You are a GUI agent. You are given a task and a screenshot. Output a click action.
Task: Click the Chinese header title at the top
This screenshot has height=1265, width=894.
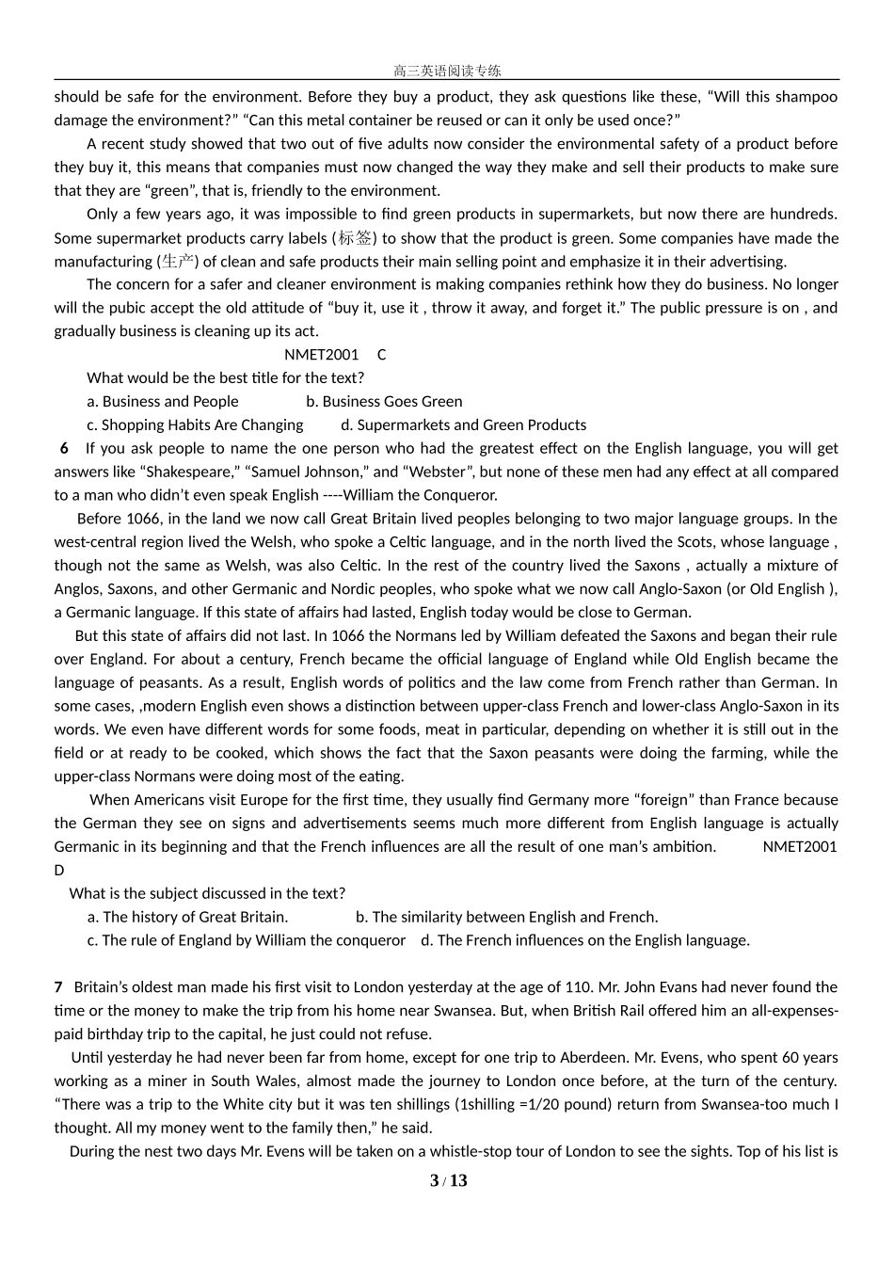tap(447, 71)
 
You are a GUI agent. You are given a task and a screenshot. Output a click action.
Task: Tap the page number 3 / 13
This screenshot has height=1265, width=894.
tap(448, 1181)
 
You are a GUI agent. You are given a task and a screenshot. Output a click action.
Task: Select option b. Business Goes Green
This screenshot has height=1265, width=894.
tap(384, 402)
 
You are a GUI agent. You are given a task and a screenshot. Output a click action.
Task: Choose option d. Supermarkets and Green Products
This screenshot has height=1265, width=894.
tap(463, 425)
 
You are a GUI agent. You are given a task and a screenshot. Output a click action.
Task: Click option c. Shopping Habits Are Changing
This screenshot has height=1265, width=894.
tap(195, 425)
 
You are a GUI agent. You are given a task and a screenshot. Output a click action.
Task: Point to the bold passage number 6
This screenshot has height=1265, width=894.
tap(64, 449)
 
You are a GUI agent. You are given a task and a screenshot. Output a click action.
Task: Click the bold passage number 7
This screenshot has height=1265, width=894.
tap(58, 987)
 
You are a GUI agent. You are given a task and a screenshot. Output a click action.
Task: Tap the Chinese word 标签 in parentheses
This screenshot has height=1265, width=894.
tap(356, 238)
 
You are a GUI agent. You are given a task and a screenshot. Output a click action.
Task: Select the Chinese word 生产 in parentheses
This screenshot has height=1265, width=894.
tap(178, 262)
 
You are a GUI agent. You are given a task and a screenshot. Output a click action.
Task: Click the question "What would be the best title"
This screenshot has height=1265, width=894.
tap(225, 378)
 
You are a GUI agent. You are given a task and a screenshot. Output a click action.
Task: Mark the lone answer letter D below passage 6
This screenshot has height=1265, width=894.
tap(59, 871)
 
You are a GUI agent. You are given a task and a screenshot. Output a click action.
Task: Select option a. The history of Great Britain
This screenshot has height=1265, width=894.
tap(187, 917)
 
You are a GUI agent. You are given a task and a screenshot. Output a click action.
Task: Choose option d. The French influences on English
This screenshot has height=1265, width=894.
tap(585, 940)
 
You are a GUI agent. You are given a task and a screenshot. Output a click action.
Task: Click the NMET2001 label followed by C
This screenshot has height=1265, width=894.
tap(322, 355)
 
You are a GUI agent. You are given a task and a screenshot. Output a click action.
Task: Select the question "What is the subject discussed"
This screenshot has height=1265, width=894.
tap(207, 893)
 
